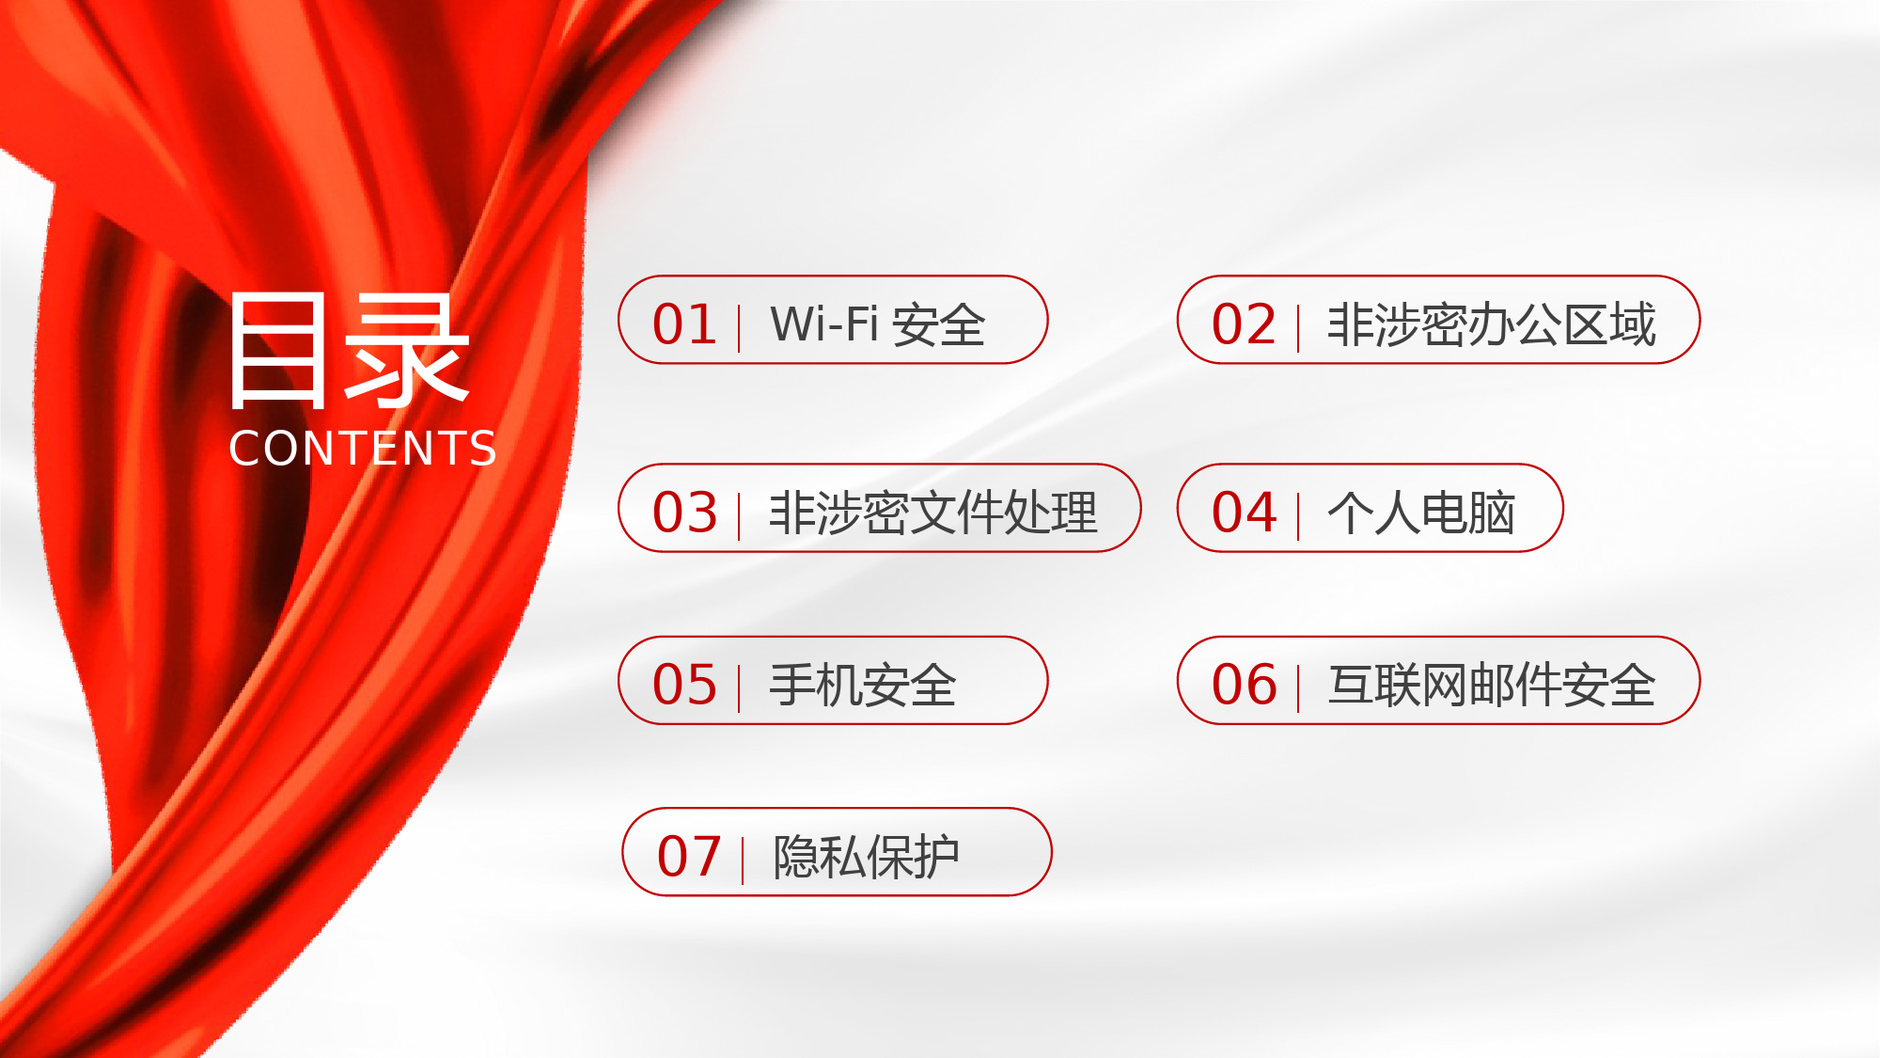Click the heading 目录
(349, 350)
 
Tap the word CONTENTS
(363, 449)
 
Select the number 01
(684, 324)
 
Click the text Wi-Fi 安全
(877, 324)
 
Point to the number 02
(1244, 324)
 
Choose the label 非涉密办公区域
(1491, 324)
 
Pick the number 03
(684, 513)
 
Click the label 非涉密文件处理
(932, 513)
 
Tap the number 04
(1244, 513)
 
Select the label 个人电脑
(1420, 513)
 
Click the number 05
(684, 685)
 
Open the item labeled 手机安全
(862, 685)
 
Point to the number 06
(1244, 685)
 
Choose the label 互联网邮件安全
(1491, 685)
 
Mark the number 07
(688, 857)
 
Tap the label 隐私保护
(866, 857)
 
